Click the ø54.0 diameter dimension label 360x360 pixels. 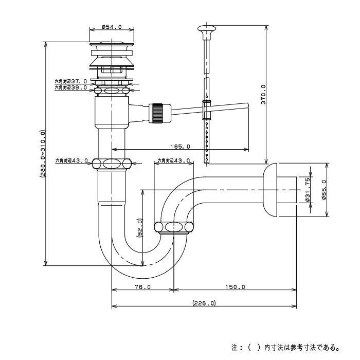(112, 27)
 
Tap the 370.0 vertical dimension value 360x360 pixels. (263, 94)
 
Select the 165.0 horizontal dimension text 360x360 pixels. (180, 147)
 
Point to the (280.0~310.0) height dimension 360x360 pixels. (43, 154)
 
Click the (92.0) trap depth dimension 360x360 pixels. (140, 227)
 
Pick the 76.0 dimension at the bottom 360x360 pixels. (143, 287)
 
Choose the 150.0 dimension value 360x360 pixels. (236, 287)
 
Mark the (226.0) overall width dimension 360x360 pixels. (204, 303)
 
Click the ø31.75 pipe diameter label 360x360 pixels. (308, 190)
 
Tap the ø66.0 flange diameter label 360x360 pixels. (323, 190)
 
